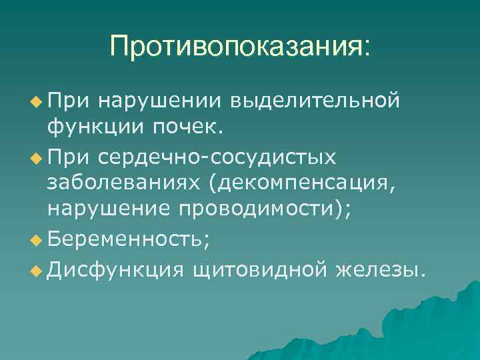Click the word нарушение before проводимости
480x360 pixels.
click(x=108, y=208)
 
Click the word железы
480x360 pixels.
click(x=379, y=270)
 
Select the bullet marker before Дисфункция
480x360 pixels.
click(x=35, y=271)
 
